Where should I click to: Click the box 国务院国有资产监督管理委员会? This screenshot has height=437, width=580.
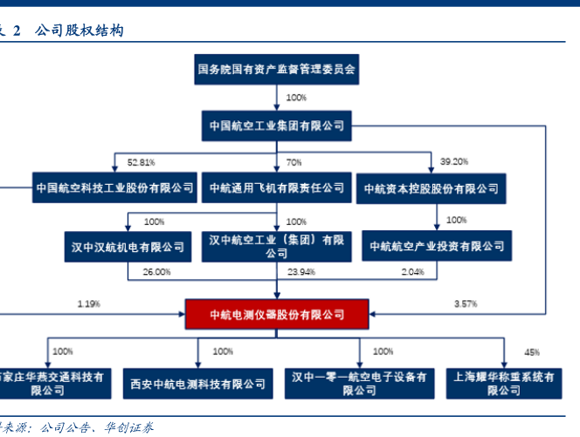point(276,68)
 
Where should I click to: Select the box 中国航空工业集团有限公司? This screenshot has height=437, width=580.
point(276,125)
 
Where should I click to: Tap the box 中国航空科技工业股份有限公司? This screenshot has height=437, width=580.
point(114,188)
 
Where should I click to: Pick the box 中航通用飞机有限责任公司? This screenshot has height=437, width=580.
point(276,188)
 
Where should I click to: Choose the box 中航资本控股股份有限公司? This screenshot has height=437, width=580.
point(432,188)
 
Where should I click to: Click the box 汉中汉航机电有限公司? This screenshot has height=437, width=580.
point(128,247)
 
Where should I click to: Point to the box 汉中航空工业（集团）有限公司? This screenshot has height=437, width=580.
point(276,246)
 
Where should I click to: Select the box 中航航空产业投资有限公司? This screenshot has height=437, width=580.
point(437,247)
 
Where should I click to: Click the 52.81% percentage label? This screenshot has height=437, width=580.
point(141,162)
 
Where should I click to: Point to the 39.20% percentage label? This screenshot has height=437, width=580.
point(454,162)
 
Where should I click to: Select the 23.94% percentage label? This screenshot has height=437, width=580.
point(301,272)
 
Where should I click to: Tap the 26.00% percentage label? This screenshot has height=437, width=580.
point(156,272)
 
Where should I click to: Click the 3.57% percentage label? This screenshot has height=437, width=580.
point(466,304)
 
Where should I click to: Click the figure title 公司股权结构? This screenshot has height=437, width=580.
point(79,31)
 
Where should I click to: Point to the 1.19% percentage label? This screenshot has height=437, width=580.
point(88,304)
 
